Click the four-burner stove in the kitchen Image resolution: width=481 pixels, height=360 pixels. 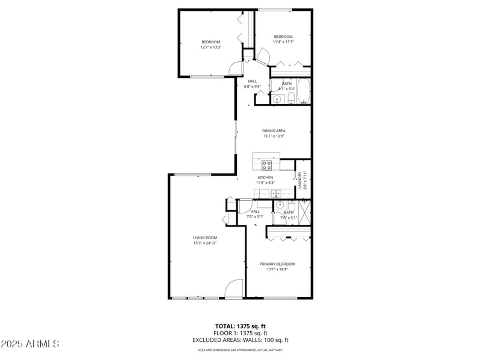pyautogui.click(x=266, y=165)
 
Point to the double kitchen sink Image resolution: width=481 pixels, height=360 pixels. pyautogui.click(x=275, y=193)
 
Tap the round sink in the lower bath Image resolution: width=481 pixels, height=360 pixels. pyautogui.click(x=280, y=205)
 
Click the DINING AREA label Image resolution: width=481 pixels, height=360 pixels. pyautogui.click(x=274, y=130)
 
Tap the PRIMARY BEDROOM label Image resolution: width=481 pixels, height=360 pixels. pyautogui.click(x=277, y=264)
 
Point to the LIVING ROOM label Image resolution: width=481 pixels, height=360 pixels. pyautogui.click(x=205, y=238)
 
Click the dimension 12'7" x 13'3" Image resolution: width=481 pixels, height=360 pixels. pyautogui.click(x=211, y=47)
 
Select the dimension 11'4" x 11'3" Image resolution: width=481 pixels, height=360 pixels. pyautogui.click(x=283, y=42)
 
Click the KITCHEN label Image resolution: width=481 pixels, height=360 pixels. pyautogui.click(x=266, y=178)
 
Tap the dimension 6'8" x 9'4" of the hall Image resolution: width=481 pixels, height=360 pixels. pyautogui.click(x=253, y=87)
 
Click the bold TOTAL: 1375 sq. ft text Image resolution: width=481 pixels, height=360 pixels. pyautogui.click(x=240, y=326)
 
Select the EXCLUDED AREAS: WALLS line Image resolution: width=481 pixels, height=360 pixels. pyautogui.click(x=240, y=340)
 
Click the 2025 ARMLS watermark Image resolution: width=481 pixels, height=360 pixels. pyautogui.click(x=30, y=344)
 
